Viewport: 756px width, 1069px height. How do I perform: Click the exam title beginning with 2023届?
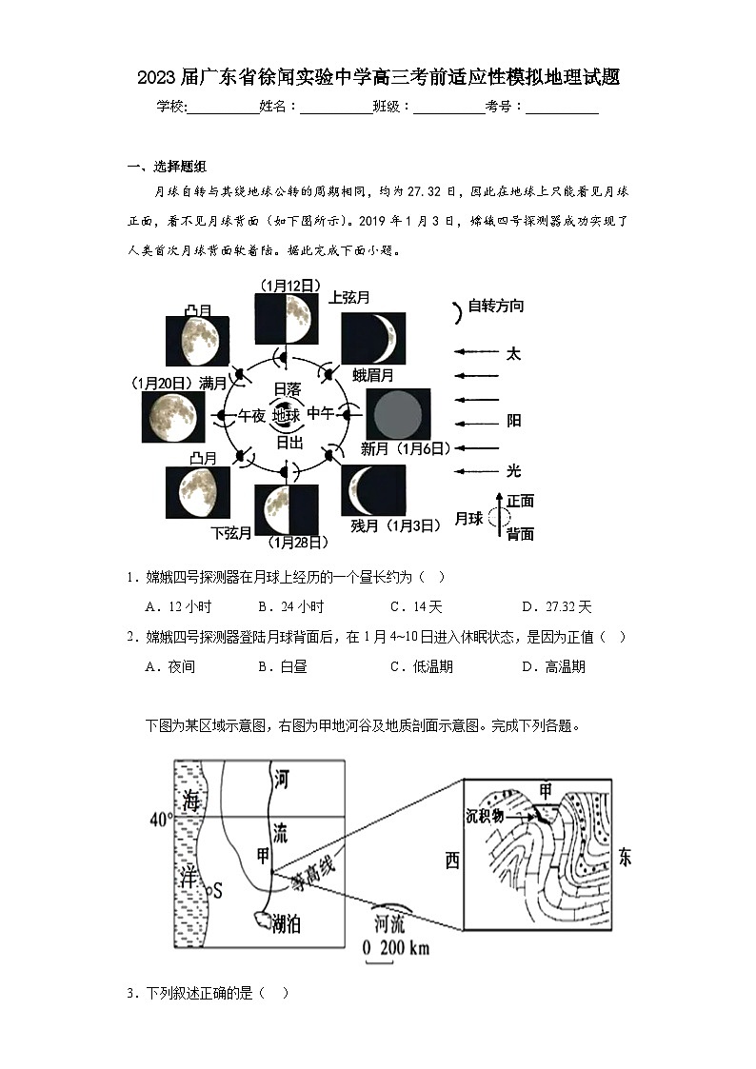pyautogui.click(x=378, y=78)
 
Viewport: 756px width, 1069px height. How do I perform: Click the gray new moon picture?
pyautogui.click(x=398, y=414)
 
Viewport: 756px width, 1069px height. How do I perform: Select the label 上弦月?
pyautogui.click(x=349, y=297)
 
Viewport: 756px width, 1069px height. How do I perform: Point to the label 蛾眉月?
pyautogui.click(x=372, y=374)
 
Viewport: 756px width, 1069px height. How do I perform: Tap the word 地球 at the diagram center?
pyautogui.click(x=286, y=416)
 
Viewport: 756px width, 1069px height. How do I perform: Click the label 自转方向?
pyautogui.click(x=495, y=307)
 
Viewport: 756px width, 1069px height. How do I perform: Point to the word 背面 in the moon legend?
pyautogui.click(x=520, y=533)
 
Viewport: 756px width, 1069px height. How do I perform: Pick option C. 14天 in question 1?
pyautogui.click(x=416, y=606)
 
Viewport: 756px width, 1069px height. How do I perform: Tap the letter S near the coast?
pyautogui.click(x=216, y=891)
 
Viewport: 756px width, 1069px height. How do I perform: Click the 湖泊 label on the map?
pyautogui.click(x=288, y=922)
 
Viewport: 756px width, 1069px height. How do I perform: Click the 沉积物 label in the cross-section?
pyautogui.click(x=485, y=816)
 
